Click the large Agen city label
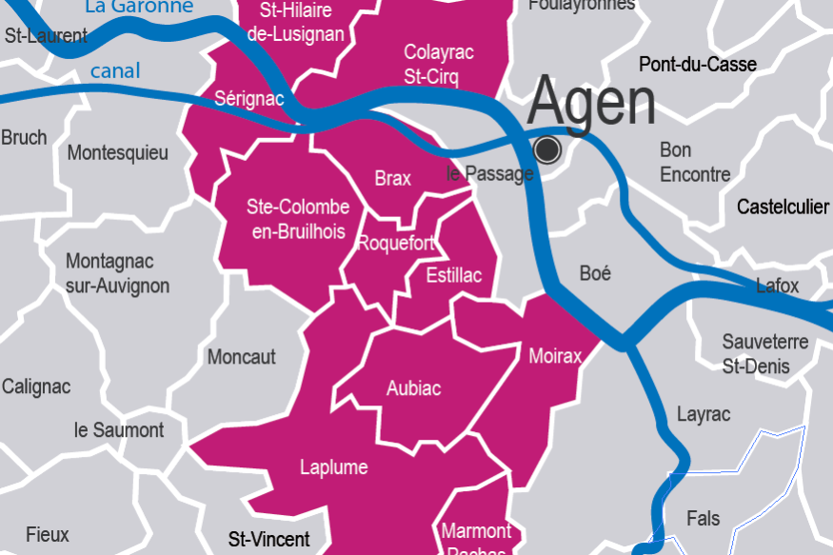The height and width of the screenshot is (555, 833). click(591, 102)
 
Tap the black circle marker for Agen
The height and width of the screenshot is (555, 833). click(547, 149)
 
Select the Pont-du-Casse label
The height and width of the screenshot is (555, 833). click(698, 65)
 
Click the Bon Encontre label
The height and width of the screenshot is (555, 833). click(695, 162)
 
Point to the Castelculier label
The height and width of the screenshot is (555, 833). click(783, 207)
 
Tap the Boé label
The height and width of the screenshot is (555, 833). click(595, 273)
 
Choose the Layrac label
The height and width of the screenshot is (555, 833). click(704, 414)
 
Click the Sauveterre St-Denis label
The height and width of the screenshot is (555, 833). click(764, 354)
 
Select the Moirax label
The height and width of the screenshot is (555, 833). click(554, 356)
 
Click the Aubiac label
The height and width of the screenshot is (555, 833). click(413, 388)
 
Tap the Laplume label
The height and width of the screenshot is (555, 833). click(333, 467)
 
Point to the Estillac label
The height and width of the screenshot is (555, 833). click(454, 276)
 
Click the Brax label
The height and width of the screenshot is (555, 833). click(392, 179)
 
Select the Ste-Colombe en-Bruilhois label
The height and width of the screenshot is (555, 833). click(297, 220)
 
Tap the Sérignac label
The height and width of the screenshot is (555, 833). click(249, 98)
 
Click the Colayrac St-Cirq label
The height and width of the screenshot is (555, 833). click(439, 64)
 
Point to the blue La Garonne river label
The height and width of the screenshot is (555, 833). click(139, 8)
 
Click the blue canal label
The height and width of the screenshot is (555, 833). click(115, 70)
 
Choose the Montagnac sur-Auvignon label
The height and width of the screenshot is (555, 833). click(117, 273)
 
